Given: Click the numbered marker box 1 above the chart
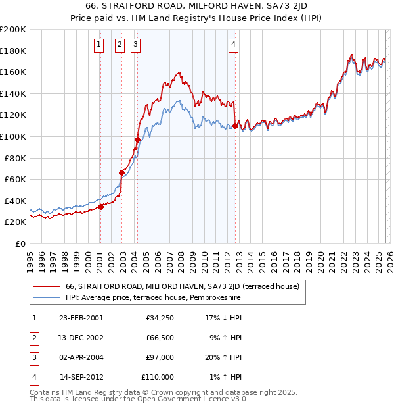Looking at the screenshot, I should click(x=98, y=45).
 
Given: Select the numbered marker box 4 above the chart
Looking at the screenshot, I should click(x=233, y=45).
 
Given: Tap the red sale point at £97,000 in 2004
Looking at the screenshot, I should click(x=137, y=140).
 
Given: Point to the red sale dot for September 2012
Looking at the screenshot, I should click(x=235, y=126).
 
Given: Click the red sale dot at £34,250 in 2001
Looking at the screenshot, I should click(x=100, y=207).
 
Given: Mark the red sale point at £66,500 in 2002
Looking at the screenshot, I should click(x=121, y=172).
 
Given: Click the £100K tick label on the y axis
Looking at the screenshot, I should click(x=13, y=136).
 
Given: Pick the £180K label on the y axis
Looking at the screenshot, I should click(x=13, y=51).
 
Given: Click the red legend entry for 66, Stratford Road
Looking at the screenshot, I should click(x=182, y=286).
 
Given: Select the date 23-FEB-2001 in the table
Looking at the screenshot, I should click(x=81, y=318).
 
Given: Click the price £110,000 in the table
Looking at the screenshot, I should click(x=158, y=377).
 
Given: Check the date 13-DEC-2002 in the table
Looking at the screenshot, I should click(x=81, y=338).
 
